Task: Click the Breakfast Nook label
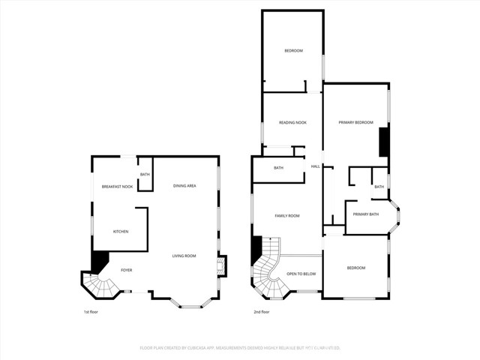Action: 117,186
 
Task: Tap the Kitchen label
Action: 121,231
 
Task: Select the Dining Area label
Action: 184,185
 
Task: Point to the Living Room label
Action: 184,256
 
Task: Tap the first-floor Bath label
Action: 145,175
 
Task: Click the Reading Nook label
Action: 292,122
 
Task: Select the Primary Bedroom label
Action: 355,122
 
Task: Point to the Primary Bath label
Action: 366,214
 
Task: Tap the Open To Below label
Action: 301,274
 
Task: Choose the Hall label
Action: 316,166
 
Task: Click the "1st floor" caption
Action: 91,311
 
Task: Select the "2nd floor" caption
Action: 261,311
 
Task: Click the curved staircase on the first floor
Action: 100,285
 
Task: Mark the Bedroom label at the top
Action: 292,50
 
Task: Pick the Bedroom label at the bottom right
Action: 355,268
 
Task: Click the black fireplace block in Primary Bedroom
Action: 383,142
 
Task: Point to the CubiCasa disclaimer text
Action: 240,348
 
